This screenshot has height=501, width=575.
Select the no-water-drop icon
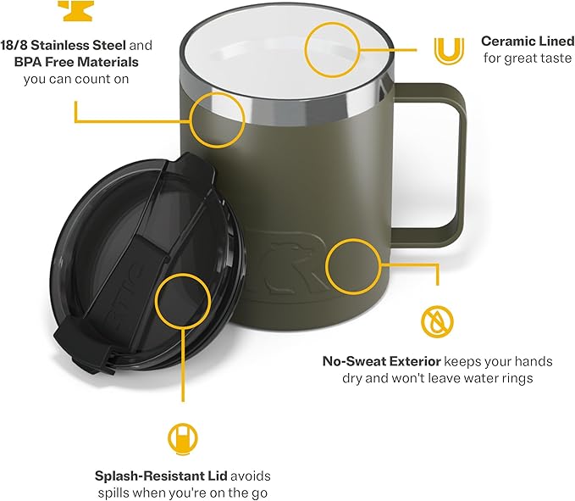(437, 320)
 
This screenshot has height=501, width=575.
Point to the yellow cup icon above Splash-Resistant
(182, 437)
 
